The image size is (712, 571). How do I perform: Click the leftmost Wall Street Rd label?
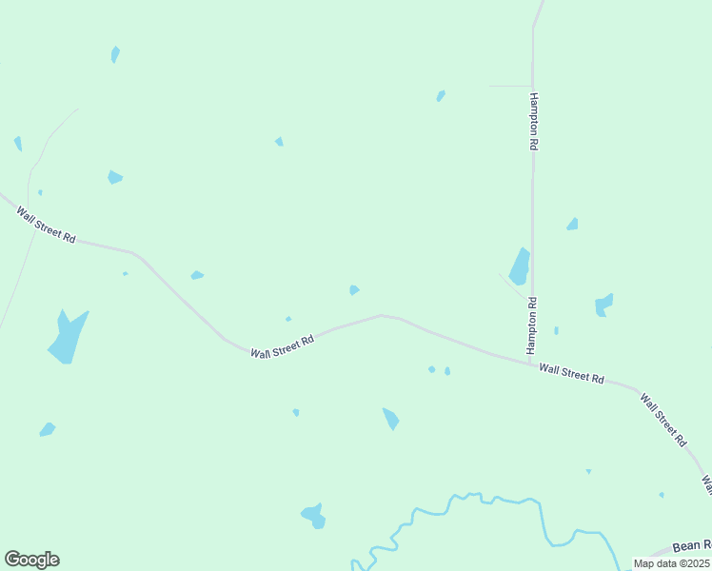(x=46, y=225)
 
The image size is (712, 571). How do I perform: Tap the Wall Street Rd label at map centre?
(x=283, y=346)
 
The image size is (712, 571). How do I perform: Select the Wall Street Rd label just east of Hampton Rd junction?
(x=571, y=372)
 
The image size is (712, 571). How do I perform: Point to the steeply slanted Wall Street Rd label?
(x=663, y=420)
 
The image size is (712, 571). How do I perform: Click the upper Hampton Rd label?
(x=535, y=121)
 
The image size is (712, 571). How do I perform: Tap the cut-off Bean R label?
(x=691, y=546)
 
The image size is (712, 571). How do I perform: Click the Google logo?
(x=31, y=560)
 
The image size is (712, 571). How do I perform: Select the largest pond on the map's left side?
(x=68, y=338)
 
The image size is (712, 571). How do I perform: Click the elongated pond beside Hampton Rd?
(x=519, y=267)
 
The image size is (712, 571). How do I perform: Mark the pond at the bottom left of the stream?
(x=313, y=516)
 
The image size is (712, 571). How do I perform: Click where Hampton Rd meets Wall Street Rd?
(x=530, y=362)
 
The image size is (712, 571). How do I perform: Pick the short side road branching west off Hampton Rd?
(x=510, y=86)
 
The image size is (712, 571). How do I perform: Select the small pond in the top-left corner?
(x=115, y=54)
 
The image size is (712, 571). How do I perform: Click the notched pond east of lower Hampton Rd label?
(x=603, y=305)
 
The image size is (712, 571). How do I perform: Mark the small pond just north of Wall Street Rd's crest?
(x=354, y=289)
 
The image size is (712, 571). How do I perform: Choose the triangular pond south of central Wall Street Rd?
(x=390, y=418)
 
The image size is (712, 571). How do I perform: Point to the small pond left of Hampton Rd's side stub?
(x=441, y=95)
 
